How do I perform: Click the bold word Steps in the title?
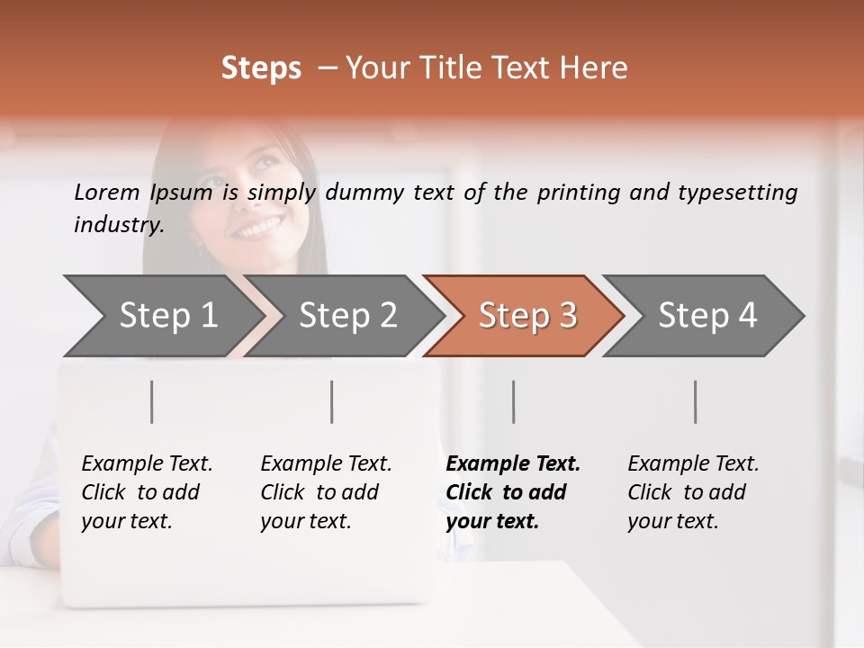click(261, 68)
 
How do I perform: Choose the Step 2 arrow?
click(347, 316)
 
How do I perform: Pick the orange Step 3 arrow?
click(527, 316)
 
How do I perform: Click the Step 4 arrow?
click(707, 316)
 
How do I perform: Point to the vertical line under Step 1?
click(152, 401)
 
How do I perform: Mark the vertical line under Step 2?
click(332, 401)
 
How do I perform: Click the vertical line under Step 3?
click(514, 401)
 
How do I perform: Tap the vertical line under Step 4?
click(696, 401)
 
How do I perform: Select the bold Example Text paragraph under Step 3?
click(513, 492)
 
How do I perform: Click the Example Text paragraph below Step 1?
click(147, 492)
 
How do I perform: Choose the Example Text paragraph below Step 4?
click(693, 492)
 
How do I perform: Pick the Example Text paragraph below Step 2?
click(326, 492)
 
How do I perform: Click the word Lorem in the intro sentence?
click(107, 192)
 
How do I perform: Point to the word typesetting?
click(738, 193)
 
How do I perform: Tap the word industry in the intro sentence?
click(118, 224)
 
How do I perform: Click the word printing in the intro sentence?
click(576, 193)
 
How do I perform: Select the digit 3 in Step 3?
click(567, 316)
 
